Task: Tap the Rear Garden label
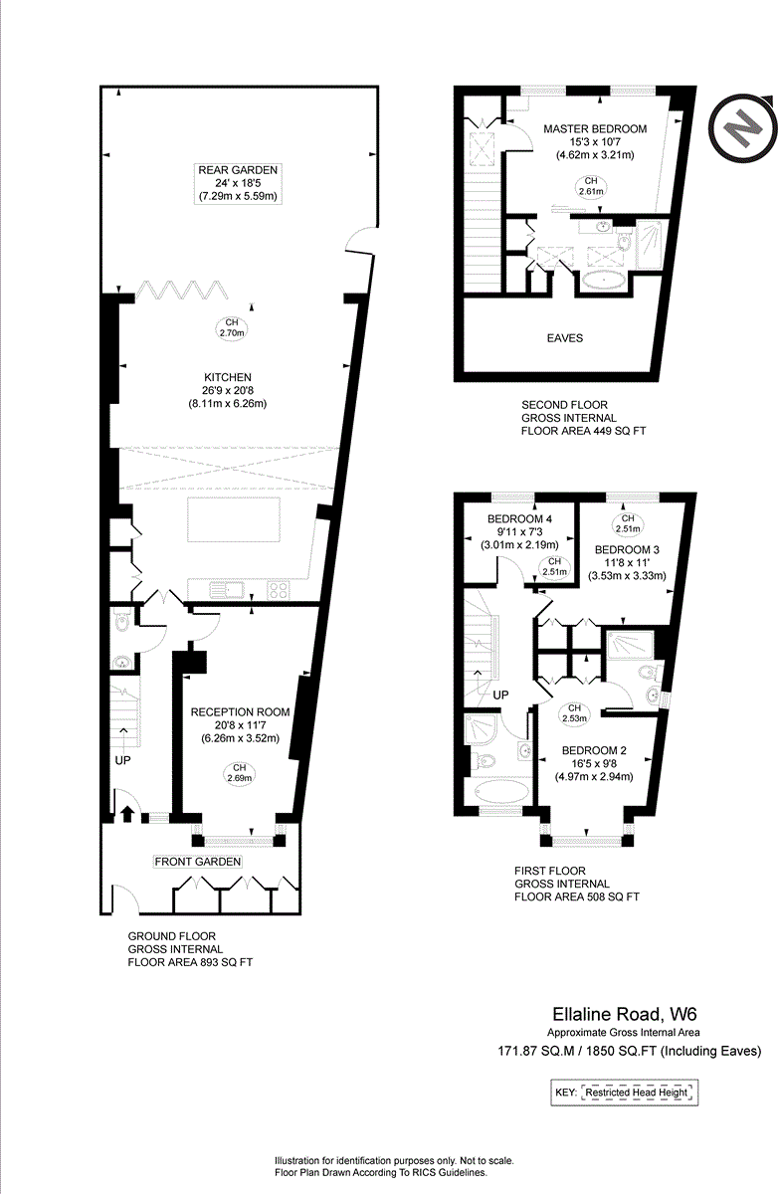coord(236,184)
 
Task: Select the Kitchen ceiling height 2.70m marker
coord(232,328)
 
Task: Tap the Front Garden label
coord(197,861)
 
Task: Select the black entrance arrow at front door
coord(127,813)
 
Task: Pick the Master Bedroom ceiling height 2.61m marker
coord(591,186)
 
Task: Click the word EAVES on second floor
coord(564,338)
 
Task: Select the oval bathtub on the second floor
coord(604,282)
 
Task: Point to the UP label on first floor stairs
coord(500,694)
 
